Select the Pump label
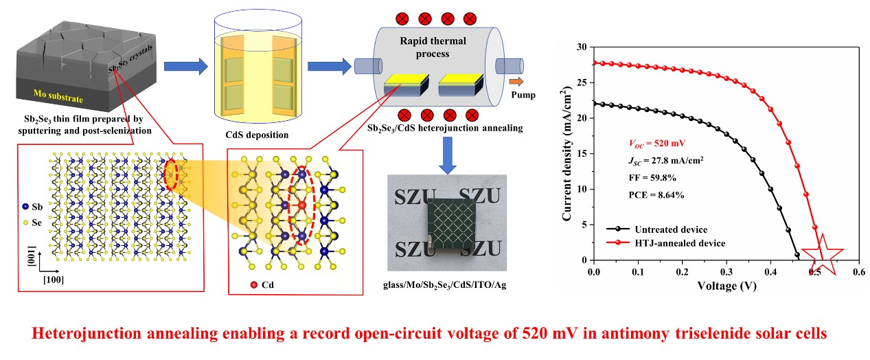tap(523, 95)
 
